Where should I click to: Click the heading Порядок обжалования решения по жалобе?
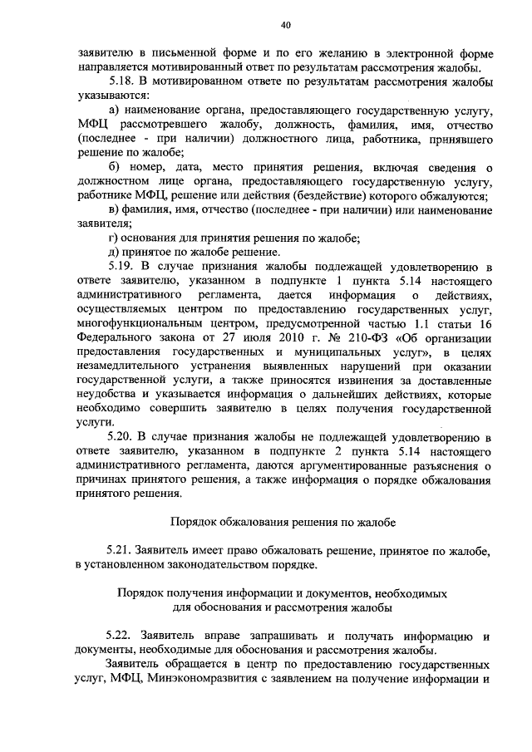click(x=278, y=522)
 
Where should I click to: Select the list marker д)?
click(x=115, y=252)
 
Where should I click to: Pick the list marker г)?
click(x=114, y=238)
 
